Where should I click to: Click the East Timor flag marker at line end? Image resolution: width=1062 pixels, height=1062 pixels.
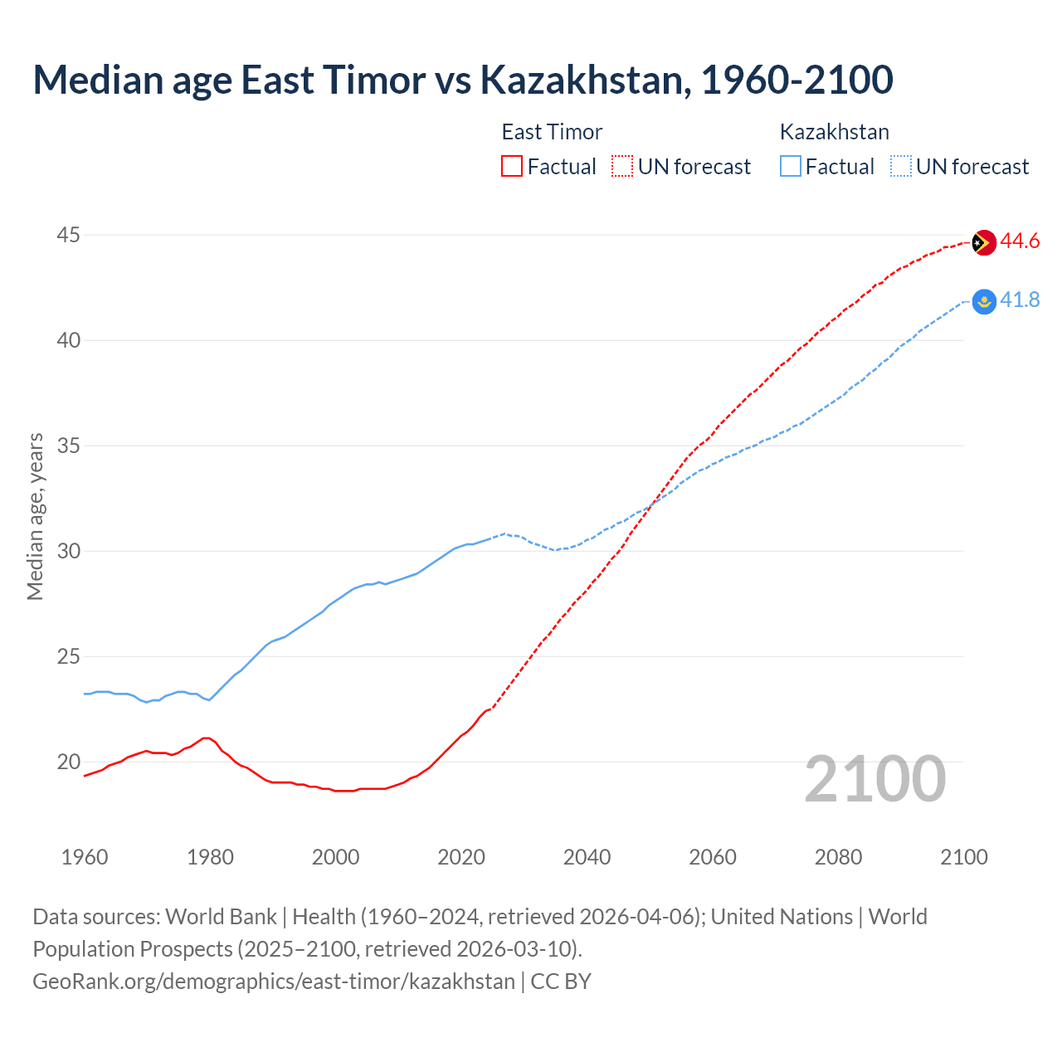983,242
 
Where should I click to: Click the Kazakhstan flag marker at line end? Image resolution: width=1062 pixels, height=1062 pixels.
983,302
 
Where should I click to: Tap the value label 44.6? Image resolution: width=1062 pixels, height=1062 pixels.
1020,241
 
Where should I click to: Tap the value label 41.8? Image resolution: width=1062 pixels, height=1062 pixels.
1020,300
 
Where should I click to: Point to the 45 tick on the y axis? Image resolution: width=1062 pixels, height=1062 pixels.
68,236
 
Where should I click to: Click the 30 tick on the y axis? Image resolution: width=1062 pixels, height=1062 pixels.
68,552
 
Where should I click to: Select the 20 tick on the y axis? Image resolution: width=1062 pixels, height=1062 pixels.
68,762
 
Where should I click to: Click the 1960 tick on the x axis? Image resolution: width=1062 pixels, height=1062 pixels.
85,857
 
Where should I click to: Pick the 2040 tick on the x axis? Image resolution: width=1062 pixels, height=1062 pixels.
587,857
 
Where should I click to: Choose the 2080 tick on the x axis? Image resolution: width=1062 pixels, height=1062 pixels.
838,857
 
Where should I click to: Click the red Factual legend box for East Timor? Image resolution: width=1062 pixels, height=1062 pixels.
512,167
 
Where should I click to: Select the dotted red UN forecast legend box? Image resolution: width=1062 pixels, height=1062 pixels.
622,167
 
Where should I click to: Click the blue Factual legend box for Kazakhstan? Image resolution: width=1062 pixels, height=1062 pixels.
791,167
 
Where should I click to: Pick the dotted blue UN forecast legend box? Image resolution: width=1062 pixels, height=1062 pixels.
901,167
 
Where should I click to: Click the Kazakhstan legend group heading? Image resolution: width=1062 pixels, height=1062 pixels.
834,132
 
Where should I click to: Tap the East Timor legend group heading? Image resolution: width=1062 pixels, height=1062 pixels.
552,132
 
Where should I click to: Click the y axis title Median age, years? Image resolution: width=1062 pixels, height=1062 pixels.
35,516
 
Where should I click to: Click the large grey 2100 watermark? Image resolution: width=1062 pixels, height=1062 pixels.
874,779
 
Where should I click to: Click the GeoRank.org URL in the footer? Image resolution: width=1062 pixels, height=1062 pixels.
274,982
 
